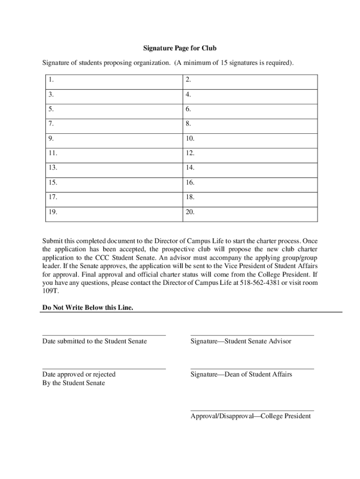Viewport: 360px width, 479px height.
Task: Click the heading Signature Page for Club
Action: pos(180,48)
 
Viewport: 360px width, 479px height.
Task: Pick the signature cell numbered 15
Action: pos(111,182)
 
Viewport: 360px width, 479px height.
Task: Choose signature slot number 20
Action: pos(249,212)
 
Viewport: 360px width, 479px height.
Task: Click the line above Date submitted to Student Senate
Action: pos(104,335)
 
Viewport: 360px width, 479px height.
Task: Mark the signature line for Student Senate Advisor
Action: pos(252,335)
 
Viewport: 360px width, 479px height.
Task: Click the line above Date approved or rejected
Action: pos(104,369)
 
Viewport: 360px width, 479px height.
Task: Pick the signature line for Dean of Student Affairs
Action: pos(252,369)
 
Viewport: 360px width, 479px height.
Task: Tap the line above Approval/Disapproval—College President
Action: pos(252,411)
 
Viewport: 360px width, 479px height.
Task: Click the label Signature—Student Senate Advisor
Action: pos(241,341)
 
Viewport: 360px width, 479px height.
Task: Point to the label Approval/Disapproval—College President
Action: pos(251,416)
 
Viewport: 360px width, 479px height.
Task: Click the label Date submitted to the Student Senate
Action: pos(94,341)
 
